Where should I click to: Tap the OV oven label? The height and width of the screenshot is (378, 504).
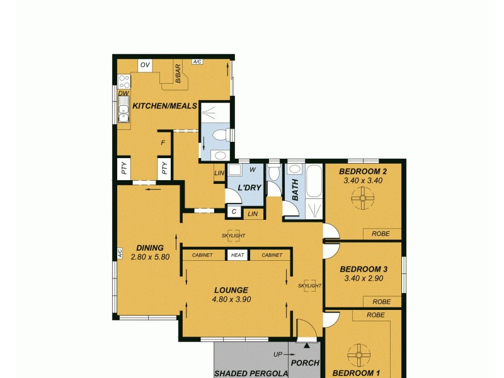click(145, 65)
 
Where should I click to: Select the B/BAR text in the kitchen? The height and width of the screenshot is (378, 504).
click(178, 73)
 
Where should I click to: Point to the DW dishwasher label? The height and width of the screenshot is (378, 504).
click(123, 93)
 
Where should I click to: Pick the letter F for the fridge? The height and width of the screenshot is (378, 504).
click(163, 143)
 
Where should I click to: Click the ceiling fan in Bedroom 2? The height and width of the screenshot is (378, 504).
click(363, 200)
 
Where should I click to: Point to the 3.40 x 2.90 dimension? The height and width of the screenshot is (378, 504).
click(364, 278)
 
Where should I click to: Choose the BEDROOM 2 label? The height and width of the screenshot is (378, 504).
click(362, 171)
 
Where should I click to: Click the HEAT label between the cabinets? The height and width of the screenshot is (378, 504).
click(238, 255)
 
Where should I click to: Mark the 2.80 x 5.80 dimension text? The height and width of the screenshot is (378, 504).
click(150, 257)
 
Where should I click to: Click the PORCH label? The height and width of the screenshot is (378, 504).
click(306, 363)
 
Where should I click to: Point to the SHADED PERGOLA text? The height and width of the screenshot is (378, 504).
click(251, 373)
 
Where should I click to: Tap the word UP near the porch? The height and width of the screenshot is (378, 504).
click(278, 355)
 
